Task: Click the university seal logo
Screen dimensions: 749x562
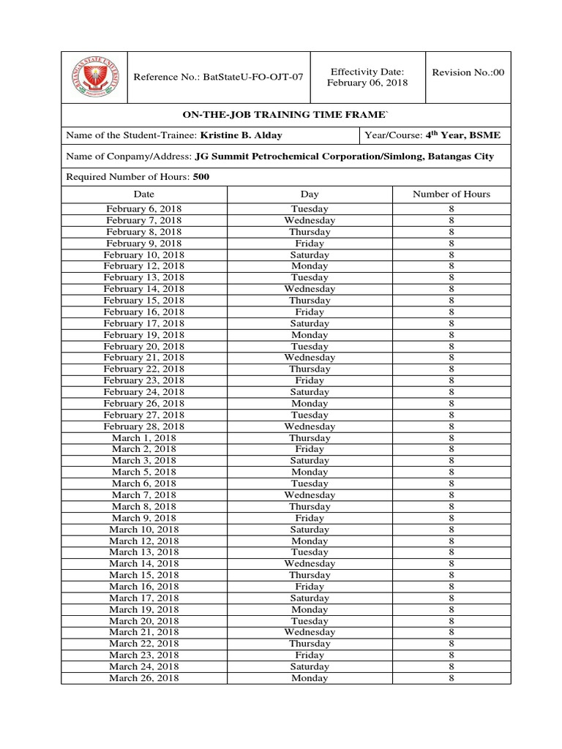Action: coord(94,78)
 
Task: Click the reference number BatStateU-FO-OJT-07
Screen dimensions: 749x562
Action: coord(218,78)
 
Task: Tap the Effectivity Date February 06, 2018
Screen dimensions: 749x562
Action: coord(367,77)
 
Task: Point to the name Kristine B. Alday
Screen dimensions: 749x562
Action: coord(241,136)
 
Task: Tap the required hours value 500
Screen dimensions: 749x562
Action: coord(201,177)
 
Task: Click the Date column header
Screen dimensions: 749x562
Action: coord(144,194)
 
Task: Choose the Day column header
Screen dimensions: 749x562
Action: coord(310,194)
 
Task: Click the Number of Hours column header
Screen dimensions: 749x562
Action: coord(452,194)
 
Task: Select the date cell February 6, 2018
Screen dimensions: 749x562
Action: coord(144,209)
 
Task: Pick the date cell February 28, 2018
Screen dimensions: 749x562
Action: coord(144,426)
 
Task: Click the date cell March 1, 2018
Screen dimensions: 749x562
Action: coord(144,438)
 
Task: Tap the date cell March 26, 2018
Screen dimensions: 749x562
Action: coord(144,678)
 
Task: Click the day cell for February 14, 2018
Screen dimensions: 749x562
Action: coord(310,289)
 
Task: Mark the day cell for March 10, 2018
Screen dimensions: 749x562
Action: coord(310,530)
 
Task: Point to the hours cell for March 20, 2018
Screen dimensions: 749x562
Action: coord(452,621)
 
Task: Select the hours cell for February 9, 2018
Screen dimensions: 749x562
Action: coord(452,244)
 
